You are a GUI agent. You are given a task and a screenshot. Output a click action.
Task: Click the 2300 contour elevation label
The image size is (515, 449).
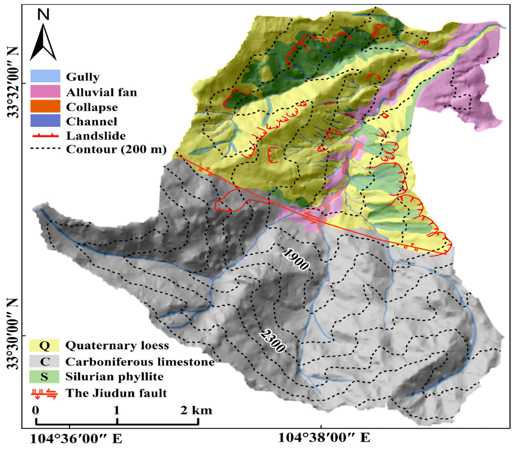272,341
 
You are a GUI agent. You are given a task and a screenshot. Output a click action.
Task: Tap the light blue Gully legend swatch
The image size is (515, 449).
45,76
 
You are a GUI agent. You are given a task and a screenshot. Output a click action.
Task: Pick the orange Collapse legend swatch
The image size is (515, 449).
45,106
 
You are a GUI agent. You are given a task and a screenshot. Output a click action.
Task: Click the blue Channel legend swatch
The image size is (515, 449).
45,120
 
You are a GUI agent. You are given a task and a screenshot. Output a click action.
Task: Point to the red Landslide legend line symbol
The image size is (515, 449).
45,136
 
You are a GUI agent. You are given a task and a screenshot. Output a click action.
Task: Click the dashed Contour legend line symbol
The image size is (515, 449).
45,149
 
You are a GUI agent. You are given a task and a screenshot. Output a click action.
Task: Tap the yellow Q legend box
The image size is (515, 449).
44,345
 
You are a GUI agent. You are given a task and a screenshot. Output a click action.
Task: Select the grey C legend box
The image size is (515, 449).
44,361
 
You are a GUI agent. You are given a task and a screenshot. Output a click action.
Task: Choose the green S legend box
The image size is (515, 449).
44,377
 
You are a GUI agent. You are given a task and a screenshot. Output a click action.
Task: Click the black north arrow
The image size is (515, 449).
43,43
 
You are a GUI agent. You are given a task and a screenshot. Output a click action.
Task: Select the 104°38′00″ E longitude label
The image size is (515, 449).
324,438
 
